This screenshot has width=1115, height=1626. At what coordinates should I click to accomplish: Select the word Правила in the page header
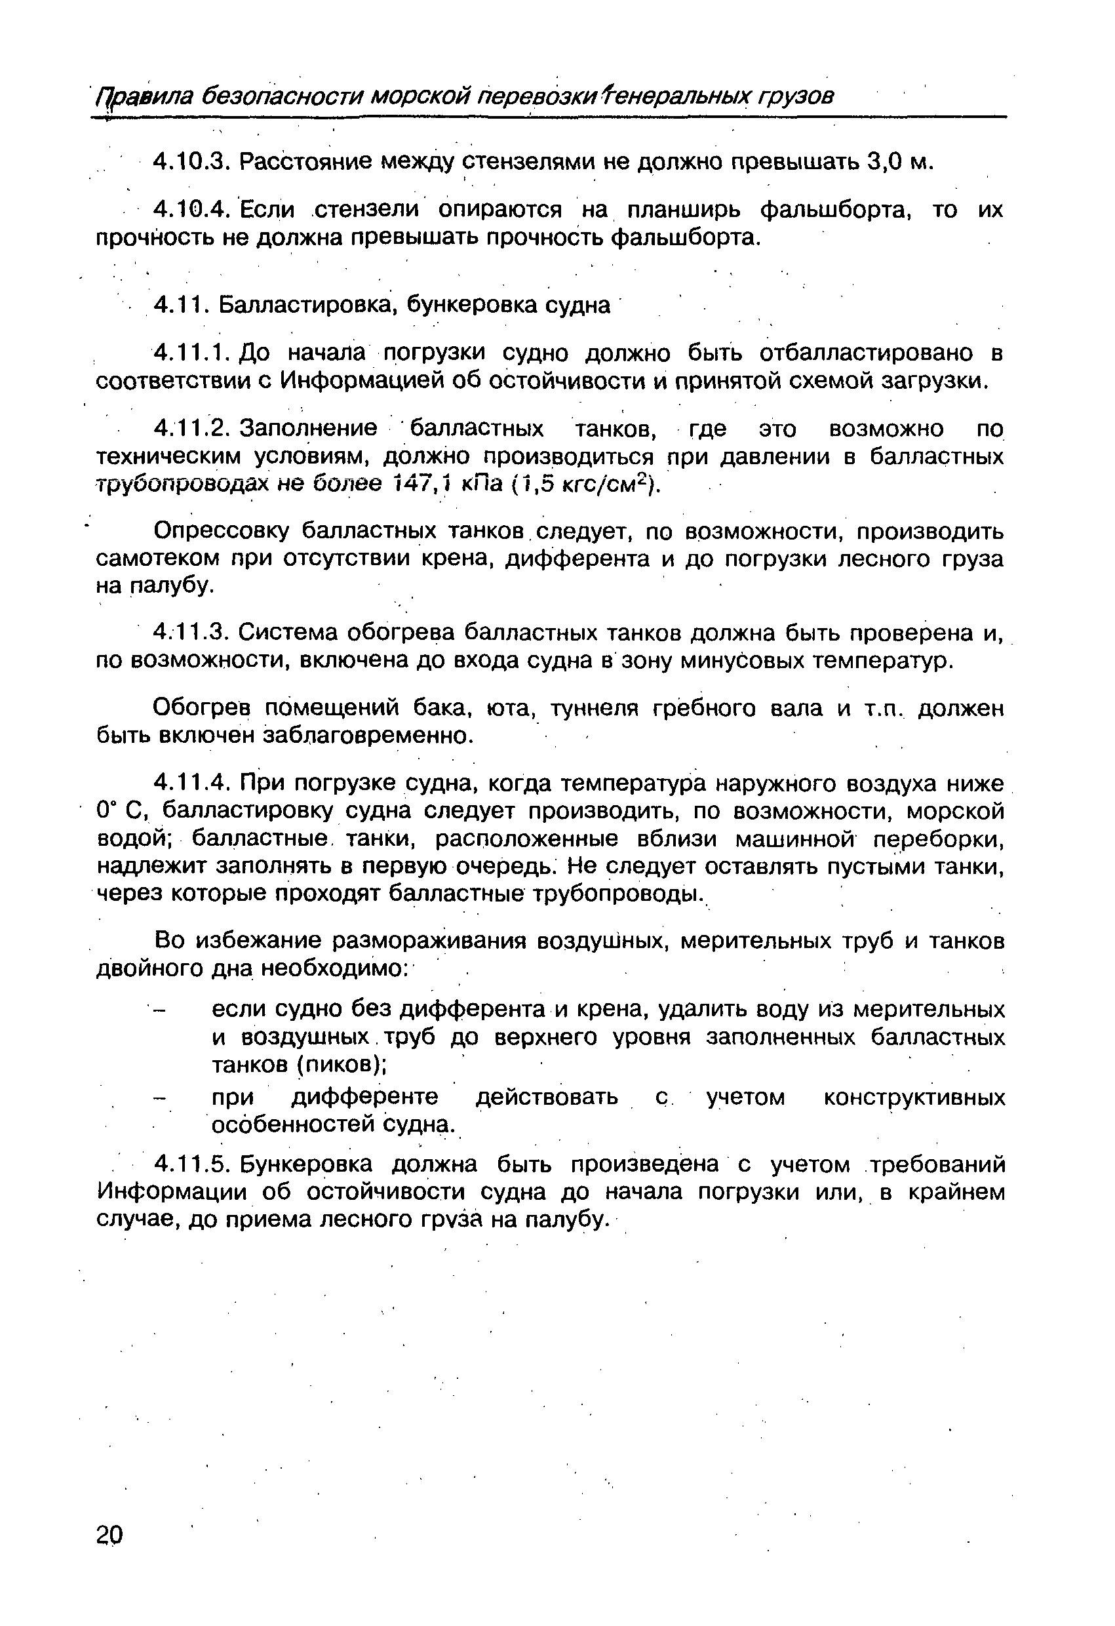(x=144, y=96)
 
